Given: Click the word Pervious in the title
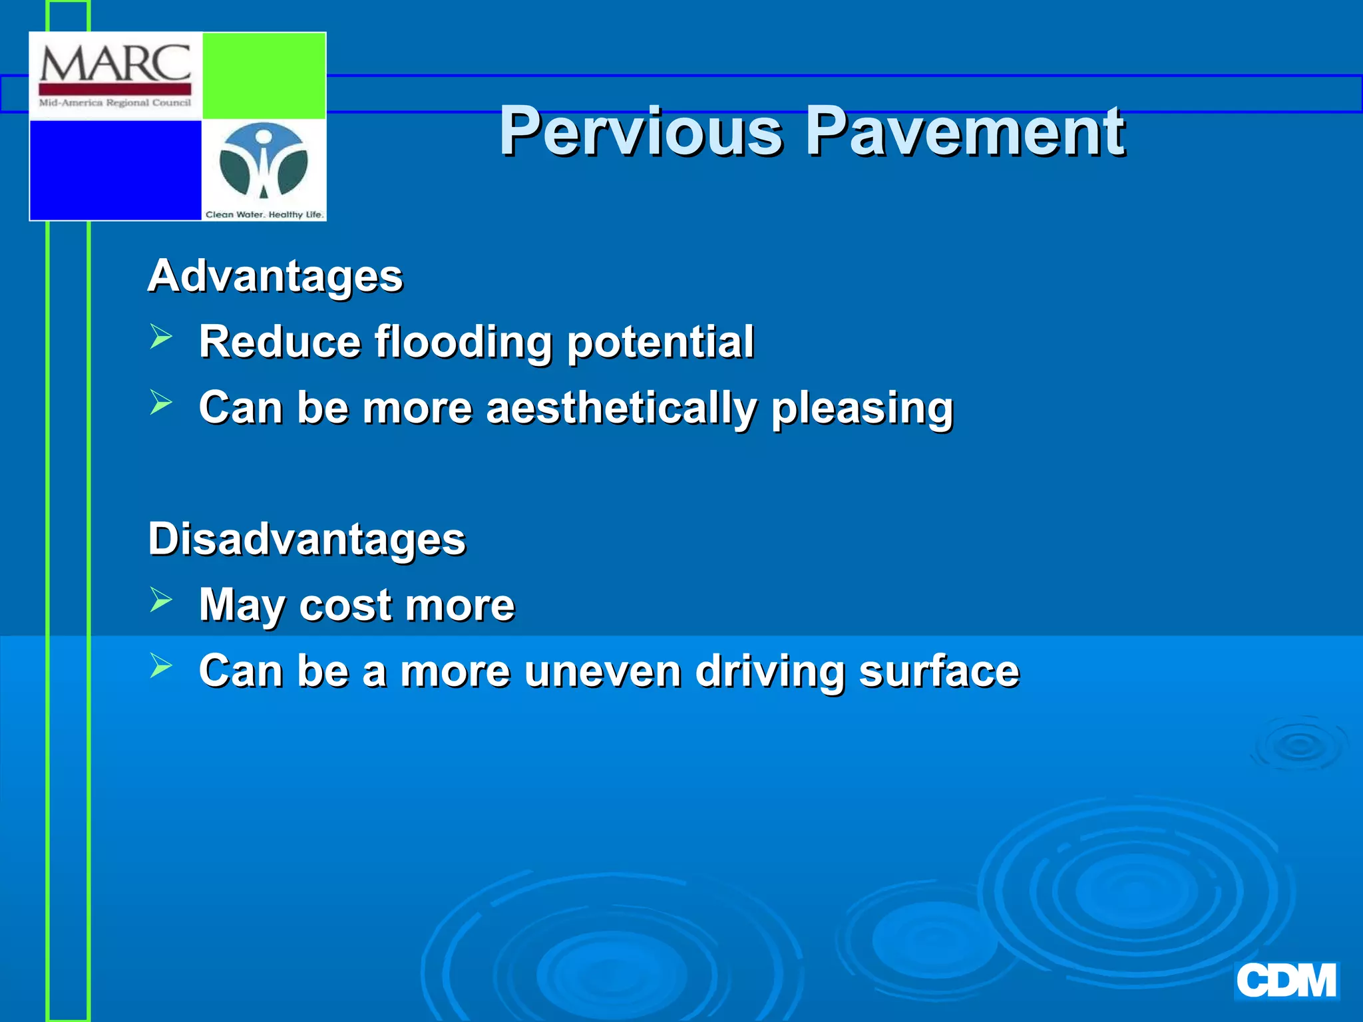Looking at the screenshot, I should point(641,132).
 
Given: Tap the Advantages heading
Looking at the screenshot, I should point(275,276).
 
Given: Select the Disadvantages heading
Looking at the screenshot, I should point(307,539).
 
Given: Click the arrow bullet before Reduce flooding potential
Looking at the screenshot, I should point(161,337).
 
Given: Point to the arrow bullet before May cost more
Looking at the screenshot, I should point(161,599).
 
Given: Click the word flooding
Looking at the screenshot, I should point(463,342).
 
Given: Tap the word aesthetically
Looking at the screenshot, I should point(621,408).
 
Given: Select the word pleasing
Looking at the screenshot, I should point(862,408).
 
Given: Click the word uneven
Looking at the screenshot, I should point(602,671).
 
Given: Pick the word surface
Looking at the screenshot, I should point(938,671).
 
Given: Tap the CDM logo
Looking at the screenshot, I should point(1286,981).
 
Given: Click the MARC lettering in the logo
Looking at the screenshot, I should point(115,64).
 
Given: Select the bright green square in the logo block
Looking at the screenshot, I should point(264,75).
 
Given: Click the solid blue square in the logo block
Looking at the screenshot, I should point(115,170).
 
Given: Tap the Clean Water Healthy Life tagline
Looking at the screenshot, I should point(264,214).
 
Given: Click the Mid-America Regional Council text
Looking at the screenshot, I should point(115,103).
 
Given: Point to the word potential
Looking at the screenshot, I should point(660,342).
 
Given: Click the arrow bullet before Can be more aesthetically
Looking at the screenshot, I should point(161,403).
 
